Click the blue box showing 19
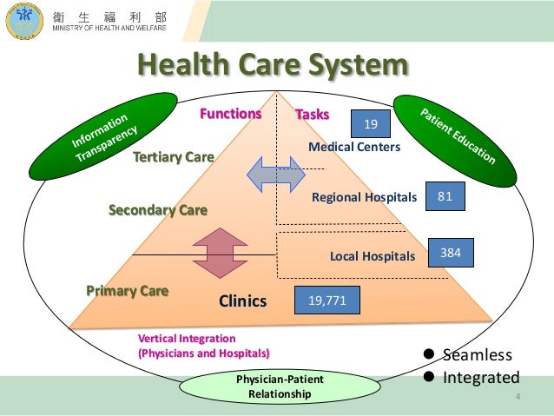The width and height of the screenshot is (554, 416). click(x=371, y=125)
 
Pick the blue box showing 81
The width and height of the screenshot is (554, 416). click(x=445, y=197)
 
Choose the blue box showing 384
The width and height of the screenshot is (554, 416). click(x=451, y=254)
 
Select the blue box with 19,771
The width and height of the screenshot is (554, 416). click(x=326, y=300)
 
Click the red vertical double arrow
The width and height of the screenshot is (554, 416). click(x=221, y=254)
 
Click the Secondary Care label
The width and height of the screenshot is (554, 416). click(x=157, y=209)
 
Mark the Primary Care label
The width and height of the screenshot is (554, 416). click(x=127, y=290)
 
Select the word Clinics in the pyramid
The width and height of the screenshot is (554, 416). click(x=242, y=301)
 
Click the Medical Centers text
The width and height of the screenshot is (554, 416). click(x=354, y=148)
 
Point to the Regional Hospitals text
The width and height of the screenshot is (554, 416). click(x=364, y=199)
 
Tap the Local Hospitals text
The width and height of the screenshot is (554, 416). click(x=373, y=256)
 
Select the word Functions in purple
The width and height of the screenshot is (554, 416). click(x=231, y=114)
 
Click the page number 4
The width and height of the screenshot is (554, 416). click(x=518, y=399)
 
